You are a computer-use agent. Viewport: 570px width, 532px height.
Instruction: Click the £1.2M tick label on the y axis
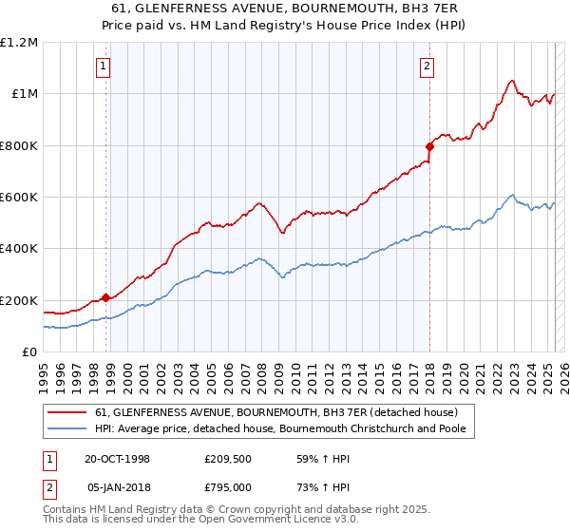[x=19, y=43]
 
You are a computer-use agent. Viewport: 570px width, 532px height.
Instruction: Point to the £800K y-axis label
[x=19, y=146]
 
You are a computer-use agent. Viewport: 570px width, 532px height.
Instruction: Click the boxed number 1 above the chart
[x=102, y=66]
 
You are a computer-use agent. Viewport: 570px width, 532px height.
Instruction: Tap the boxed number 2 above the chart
[x=427, y=66]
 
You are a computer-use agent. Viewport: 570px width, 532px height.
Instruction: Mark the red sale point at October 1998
[x=105, y=297]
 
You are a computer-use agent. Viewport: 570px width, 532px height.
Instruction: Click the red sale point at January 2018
[x=429, y=146]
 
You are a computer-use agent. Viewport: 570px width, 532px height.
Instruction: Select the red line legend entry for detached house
[x=276, y=412]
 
